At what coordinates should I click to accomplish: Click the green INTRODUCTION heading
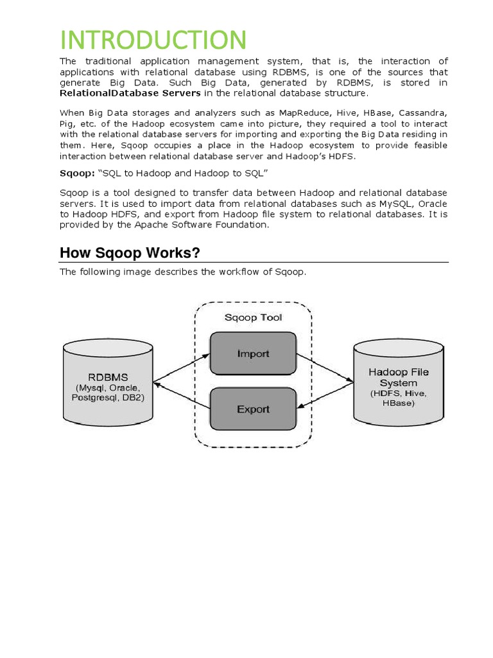tap(153, 40)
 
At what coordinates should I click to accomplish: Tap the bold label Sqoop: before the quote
tap(77, 173)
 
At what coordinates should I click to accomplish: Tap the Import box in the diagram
tap(253, 353)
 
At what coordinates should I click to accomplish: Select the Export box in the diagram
tap(253, 409)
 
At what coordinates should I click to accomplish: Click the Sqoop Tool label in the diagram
tap(253, 317)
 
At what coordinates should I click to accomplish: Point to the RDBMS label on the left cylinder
tap(108, 377)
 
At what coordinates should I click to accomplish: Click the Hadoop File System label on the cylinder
tap(398, 377)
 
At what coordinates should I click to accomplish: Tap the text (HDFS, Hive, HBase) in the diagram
tap(398, 398)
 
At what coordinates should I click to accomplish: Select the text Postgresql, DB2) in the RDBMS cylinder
tap(108, 398)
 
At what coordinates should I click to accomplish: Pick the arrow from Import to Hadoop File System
tap(325, 368)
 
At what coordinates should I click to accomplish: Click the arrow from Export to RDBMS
tap(182, 395)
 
